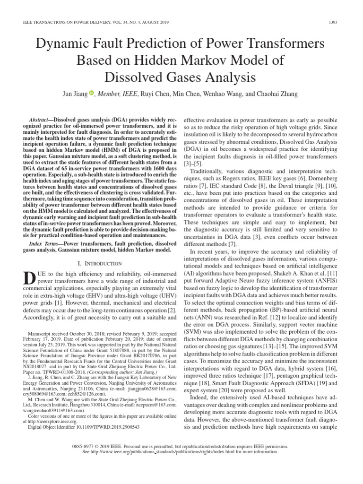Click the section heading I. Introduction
99,263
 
